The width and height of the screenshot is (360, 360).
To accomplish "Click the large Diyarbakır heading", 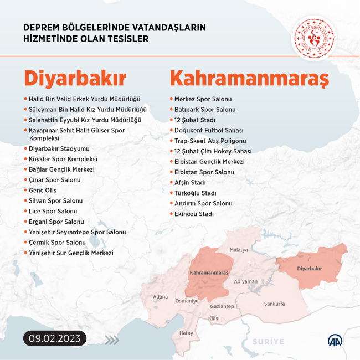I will (x=75, y=78).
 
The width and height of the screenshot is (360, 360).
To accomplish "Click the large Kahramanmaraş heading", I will (x=249, y=78).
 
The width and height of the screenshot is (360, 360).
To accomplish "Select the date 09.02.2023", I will (x=55, y=338).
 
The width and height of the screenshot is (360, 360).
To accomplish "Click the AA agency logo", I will (x=335, y=341).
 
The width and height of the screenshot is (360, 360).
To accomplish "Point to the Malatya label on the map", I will (x=239, y=250).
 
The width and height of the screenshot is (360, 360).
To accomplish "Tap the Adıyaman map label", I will (x=246, y=281).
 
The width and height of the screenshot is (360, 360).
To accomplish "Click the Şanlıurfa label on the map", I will (x=275, y=304).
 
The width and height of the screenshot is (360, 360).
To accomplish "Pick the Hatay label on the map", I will (x=186, y=333).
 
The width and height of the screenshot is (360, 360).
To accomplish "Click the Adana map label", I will (x=160, y=297).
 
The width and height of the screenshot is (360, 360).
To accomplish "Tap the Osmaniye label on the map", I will (x=187, y=301).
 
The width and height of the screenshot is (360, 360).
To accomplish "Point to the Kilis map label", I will (x=213, y=318).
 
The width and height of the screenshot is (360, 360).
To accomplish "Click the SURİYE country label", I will (x=268, y=342).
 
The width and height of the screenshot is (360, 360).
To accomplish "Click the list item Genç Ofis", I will (x=44, y=191).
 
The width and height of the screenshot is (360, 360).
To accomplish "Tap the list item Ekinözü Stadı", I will (x=194, y=214).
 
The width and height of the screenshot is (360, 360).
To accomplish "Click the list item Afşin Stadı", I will (x=190, y=182).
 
